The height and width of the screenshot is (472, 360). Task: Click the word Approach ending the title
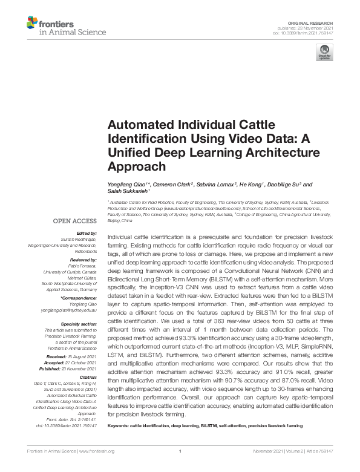[136, 166]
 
